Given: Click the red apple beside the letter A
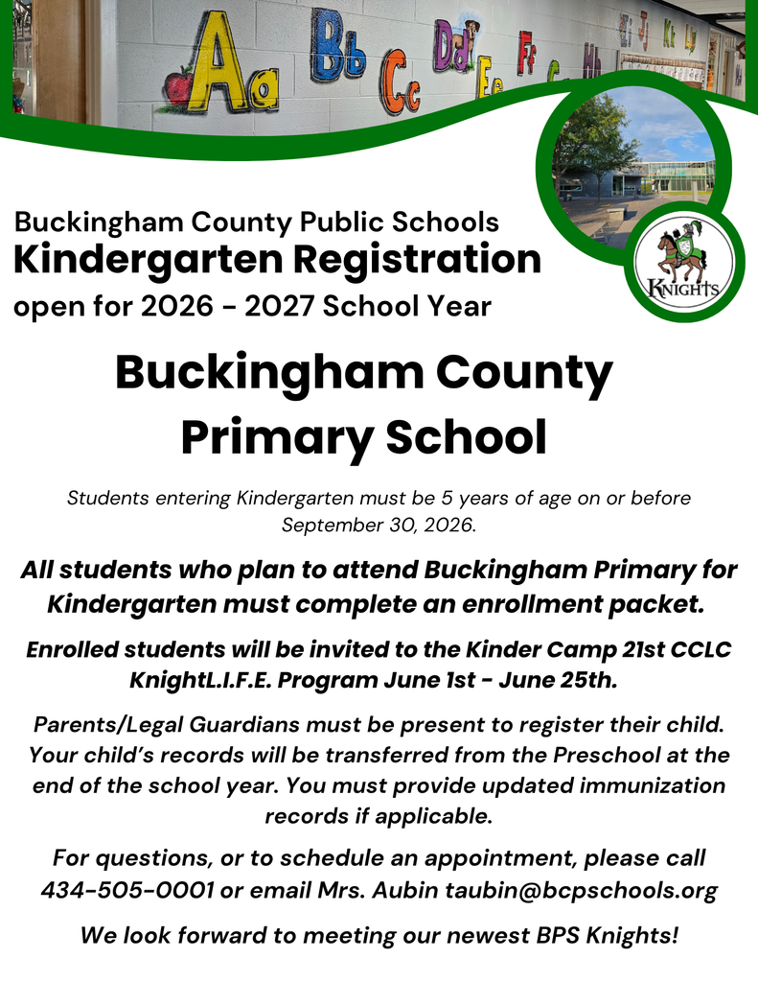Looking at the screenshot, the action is pos(178,87).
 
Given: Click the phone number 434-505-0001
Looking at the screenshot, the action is pos(126,890).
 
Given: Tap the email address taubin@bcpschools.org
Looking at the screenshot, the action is pos(582,890).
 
